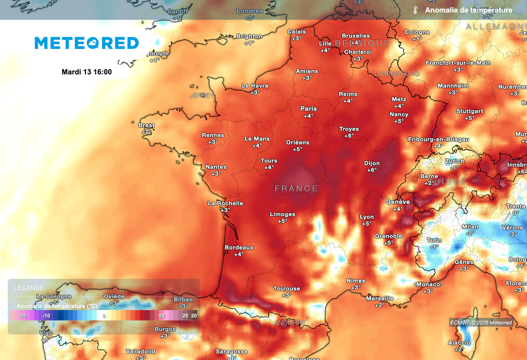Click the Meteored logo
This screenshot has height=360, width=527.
(86, 43)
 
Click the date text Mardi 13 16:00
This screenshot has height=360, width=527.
(86, 72)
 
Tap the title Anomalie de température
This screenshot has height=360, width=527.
(468, 10)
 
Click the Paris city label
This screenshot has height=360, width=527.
(309, 109)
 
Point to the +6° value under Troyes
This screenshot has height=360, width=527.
(349, 136)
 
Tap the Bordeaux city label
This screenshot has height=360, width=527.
(239, 248)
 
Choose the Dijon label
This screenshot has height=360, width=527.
(372, 163)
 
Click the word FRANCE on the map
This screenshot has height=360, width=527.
(296, 188)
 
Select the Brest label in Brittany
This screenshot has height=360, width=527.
(147, 125)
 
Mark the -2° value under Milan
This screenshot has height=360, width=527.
(470, 233)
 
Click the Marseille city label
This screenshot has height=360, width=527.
(380, 298)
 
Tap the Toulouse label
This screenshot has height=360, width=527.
(287, 288)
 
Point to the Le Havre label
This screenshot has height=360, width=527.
(255, 86)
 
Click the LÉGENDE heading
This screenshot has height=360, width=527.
(29, 288)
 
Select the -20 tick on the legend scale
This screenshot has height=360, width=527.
(22, 316)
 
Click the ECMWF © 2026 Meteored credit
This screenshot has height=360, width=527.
(481, 323)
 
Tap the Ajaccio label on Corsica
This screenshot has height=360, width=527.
(459, 342)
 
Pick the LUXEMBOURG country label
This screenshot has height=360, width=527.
(397, 74)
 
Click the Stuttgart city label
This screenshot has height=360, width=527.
(469, 111)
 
